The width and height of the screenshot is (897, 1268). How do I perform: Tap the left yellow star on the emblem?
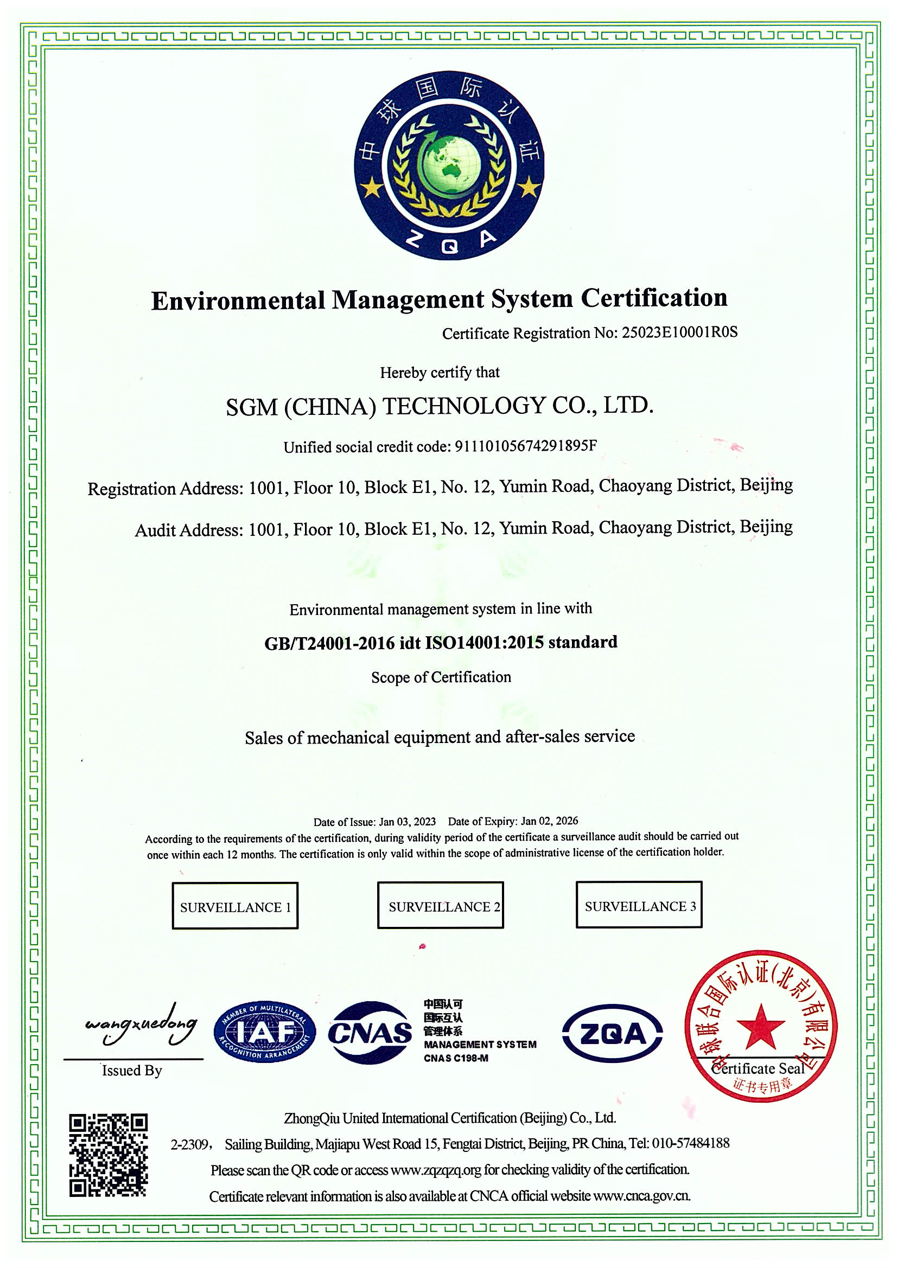pos(372,189)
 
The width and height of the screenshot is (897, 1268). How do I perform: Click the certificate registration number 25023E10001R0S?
pos(679,332)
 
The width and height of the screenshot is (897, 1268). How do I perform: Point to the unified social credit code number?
pos(526,446)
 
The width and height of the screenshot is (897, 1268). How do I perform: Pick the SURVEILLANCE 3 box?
pos(639,906)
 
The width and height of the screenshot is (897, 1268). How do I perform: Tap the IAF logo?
pos(265,1033)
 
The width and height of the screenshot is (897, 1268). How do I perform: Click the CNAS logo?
pos(370,1033)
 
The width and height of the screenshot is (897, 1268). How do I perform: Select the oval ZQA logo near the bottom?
pos(612,1033)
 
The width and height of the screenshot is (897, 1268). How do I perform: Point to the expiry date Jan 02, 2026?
pos(549,821)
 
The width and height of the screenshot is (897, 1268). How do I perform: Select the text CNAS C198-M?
pos(456,1058)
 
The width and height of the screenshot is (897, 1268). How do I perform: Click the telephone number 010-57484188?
pos(690,1143)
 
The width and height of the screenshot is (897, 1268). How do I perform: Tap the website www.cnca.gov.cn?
pos(641,1196)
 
